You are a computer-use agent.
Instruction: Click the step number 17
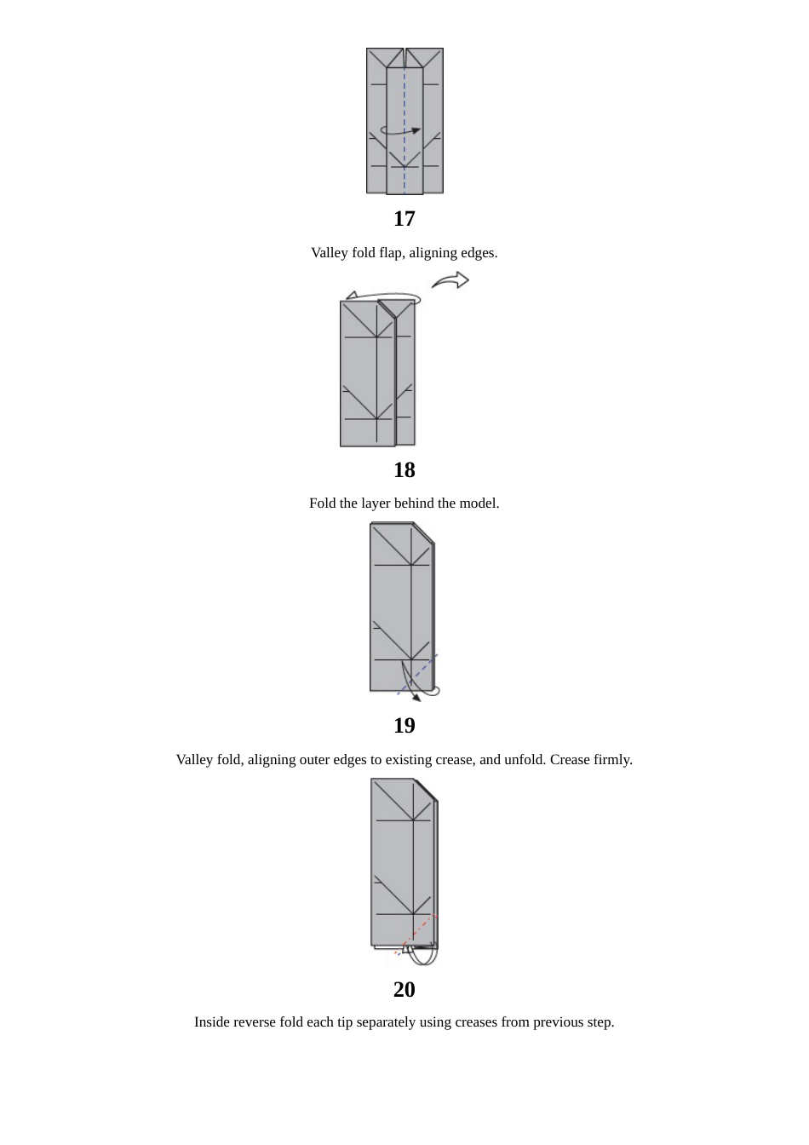[x=404, y=219]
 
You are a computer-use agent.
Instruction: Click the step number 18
[x=404, y=470]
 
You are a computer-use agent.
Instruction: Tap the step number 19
[x=404, y=726]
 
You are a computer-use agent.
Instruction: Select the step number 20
[x=404, y=990]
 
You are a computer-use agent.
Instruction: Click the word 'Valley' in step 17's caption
[x=329, y=253]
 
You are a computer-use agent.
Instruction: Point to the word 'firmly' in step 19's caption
[x=611, y=760]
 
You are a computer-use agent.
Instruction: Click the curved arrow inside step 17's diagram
[x=400, y=131]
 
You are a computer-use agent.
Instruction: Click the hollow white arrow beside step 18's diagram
[x=451, y=280]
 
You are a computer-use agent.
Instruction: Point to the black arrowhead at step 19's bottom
[x=416, y=697]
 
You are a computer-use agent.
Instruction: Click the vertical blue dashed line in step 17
[x=404, y=102]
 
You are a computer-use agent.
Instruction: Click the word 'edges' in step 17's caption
[x=478, y=253]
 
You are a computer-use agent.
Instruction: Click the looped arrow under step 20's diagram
[x=422, y=956]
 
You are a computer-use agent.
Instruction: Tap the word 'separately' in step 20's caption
[x=387, y=1022]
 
